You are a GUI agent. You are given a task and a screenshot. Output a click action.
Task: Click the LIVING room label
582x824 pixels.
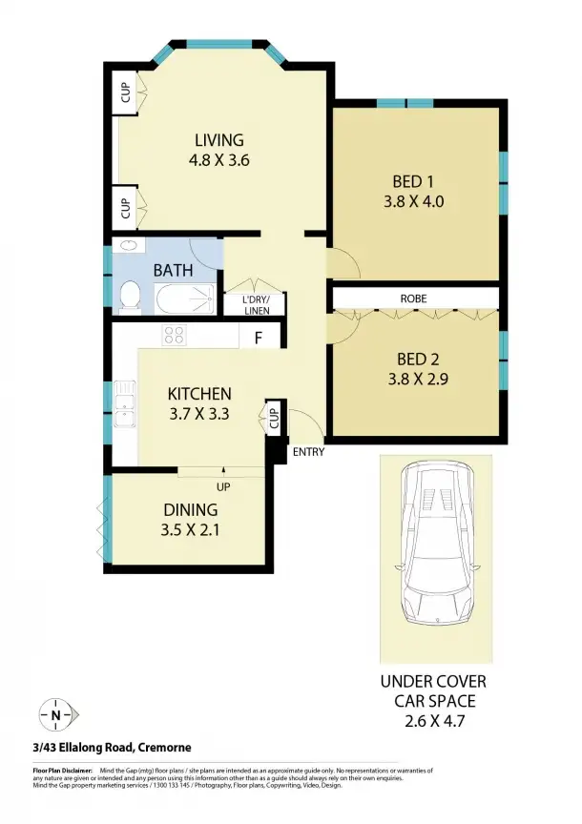pyautogui.click(x=218, y=139)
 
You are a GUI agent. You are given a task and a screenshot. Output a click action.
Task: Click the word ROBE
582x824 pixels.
pyautogui.click(x=413, y=299)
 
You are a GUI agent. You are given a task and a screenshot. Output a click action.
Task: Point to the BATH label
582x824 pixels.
pyautogui.click(x=173, y=270)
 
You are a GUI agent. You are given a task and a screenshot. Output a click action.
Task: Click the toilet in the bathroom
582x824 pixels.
pyautogui.click(x=131, y=297)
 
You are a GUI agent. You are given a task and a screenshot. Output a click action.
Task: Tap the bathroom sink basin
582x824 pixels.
pyautogui.click(x=128, y=246)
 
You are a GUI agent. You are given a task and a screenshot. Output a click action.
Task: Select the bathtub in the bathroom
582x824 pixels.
pyautogui.click(x=186, y=298)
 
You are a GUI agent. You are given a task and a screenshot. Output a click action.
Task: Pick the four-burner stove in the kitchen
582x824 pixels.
pyautogui.click(x=174, y=335)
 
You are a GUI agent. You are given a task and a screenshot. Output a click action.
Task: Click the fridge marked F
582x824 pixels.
pyautogui.click(x=258, y=337)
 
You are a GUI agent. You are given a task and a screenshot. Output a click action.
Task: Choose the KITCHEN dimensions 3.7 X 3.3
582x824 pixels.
pyautogui.click(x=200, y=414)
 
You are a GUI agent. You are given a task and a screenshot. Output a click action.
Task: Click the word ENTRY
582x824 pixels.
pyautogui.click(x=309, y=451)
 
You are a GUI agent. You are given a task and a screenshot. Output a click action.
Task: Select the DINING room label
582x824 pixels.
pyautogui.click(x=190, y=509)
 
